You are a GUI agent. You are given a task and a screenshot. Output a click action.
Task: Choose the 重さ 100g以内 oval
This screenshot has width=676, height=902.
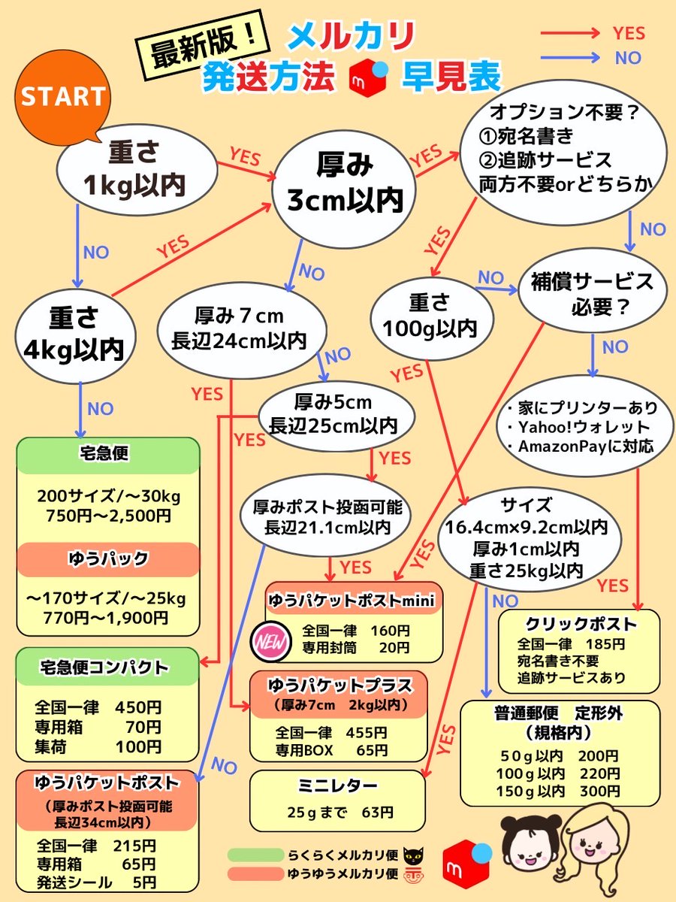pos(429,315)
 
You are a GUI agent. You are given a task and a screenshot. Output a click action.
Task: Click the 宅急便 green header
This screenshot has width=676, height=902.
pos(107,455)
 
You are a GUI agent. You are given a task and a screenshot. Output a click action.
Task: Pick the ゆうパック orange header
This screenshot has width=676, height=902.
pos(107,559)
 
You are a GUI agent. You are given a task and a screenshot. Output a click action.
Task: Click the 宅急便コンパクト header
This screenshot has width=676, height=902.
pos(107,667)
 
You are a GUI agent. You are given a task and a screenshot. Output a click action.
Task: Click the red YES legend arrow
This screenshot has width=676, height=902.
pos(569,33)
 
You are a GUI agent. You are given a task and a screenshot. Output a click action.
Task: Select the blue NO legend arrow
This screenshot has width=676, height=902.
pos(569,57)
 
